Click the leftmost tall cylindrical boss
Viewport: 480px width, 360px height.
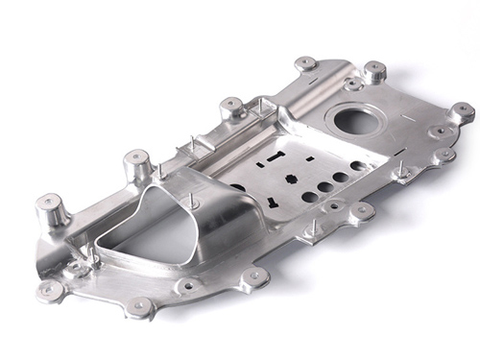[x=50, y=208]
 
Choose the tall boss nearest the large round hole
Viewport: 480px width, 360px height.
[x=374, y=71]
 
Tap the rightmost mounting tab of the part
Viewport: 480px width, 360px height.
[x=463, y=110]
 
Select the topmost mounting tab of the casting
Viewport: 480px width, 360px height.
[x=306, y=63]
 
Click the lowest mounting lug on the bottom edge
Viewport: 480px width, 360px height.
[x=140, y=306]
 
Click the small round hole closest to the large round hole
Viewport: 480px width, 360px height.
[x=357, y=166]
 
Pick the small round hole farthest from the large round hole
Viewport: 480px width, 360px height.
[x=309, y=197]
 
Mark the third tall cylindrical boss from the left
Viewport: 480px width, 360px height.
[x=231, y=108]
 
